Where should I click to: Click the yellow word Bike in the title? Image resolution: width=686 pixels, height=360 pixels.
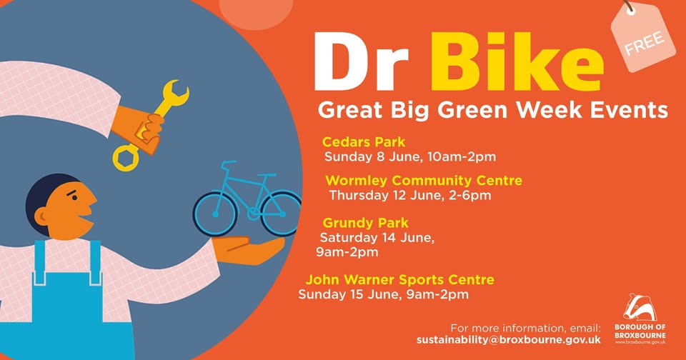tap(517, 62)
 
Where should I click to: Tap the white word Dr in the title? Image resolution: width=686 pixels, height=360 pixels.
tap(361, 62)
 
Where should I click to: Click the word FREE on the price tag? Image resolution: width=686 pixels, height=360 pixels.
tap(644, 43)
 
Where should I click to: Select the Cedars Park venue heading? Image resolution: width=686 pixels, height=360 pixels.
tap(364, 141)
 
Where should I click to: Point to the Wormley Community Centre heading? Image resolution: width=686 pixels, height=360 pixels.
tap(424, 180)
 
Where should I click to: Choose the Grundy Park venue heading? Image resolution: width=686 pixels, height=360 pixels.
tap(365, 223)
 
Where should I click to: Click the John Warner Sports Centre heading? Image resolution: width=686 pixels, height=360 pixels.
tap(400, 279)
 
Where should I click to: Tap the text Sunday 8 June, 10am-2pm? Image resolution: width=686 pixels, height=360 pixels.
tap(410, 156)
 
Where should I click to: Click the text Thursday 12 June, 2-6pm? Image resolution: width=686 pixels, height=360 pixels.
tap(410, 195)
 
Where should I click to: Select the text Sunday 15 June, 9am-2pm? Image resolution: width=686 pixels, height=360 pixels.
tap(383, 294)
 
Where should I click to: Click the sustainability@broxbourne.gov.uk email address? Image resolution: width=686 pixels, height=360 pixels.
tap(508, 340)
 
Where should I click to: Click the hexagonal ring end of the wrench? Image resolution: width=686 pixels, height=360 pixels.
tap(126, 159)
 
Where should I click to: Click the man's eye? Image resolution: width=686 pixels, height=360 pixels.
tap(75, 198)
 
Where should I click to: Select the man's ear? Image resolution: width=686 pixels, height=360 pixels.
tap(41, 216)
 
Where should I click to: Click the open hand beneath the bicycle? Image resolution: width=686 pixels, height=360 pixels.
tap(249, 249)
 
